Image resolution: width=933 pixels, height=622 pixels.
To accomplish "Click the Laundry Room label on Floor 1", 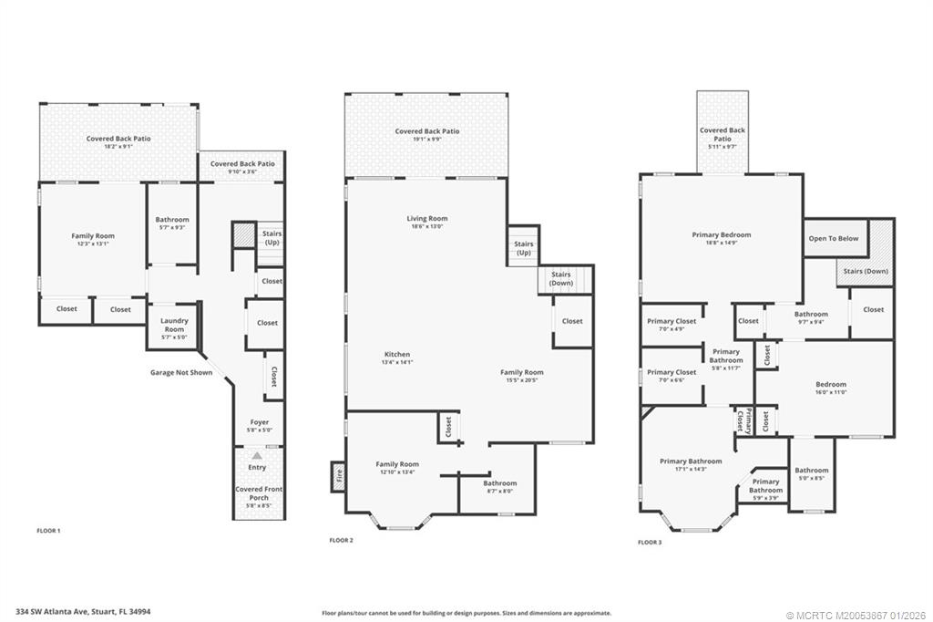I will click(173, 325).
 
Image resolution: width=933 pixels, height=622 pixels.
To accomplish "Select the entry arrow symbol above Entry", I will click(257, 454).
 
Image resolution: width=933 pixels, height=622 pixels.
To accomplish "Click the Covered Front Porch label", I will click(259, 493).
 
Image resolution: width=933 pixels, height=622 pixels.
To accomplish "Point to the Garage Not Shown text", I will click(181, 372).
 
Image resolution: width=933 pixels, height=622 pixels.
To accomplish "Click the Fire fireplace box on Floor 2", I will click(338, 476).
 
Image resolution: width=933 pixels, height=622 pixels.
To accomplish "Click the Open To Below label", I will click(833, 239).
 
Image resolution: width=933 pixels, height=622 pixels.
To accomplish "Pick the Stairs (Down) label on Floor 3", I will click(865, 271).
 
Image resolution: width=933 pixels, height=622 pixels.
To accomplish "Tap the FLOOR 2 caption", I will click(341, 541).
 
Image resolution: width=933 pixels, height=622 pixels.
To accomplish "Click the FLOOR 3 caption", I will click(650, 542).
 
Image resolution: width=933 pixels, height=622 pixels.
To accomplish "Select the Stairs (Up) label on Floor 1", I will click(272, 238).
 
